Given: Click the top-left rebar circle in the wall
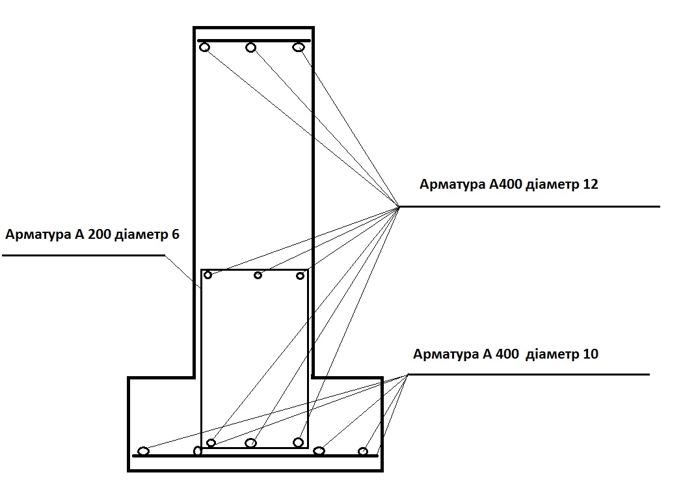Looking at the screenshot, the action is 204,47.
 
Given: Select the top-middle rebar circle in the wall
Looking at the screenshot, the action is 251,47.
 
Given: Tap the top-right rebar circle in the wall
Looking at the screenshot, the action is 299,47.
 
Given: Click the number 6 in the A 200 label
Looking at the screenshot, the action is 176,234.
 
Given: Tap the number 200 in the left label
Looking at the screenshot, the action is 100,234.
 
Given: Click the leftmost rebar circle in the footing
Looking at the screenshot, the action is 143,451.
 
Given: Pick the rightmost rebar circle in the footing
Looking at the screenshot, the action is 363,452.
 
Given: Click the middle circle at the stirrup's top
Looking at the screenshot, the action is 258,275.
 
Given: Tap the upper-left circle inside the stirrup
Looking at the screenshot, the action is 207,275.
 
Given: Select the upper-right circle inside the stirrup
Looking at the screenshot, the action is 300,276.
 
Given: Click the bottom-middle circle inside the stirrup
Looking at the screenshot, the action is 251,443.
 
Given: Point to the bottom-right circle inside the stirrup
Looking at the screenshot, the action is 299,443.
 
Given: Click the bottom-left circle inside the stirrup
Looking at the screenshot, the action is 211,443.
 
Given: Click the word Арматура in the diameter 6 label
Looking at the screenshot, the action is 38,234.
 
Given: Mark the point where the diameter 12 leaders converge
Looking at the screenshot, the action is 398,206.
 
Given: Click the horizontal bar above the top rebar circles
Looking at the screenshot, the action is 254,40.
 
